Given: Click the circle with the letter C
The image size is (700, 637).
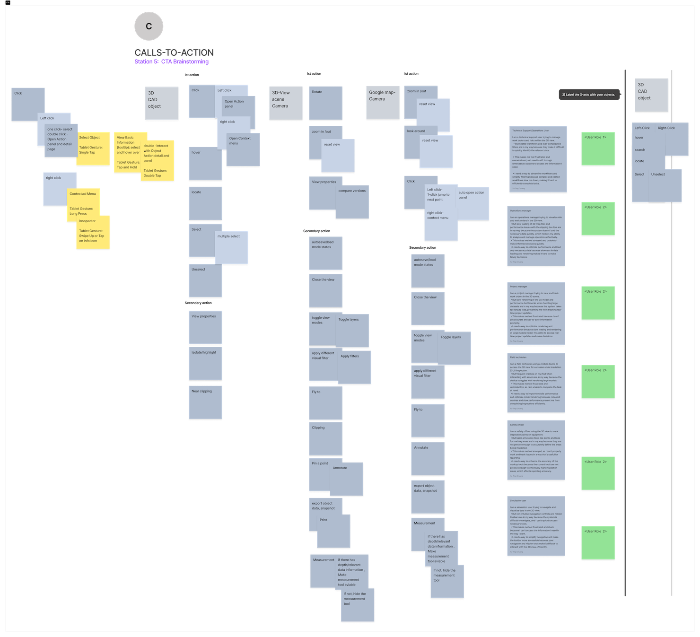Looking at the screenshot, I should click(x=149, y=26).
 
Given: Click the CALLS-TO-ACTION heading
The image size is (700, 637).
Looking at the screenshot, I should click(x=174, y=52).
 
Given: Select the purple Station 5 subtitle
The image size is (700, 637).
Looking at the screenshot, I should click(x=171, y=61).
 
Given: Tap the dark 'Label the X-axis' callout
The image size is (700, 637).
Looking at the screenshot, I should click(x=589, y=95).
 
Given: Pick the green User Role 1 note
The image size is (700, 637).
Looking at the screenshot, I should click(x=598, y=148).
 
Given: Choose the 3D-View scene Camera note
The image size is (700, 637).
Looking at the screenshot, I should click(x=286, y=103).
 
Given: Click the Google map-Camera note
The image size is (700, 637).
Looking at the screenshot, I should click(x=383, y=102).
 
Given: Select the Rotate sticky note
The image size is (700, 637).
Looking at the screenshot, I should click(x=325, y=103).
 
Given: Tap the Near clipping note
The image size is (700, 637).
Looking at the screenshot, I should click(x=205, y=402).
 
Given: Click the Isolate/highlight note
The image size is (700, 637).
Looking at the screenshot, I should click(x=205, y=364).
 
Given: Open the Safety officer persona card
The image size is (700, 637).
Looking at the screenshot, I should click(x=536, y=450).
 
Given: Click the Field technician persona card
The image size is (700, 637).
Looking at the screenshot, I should click(x=536, y=382).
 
